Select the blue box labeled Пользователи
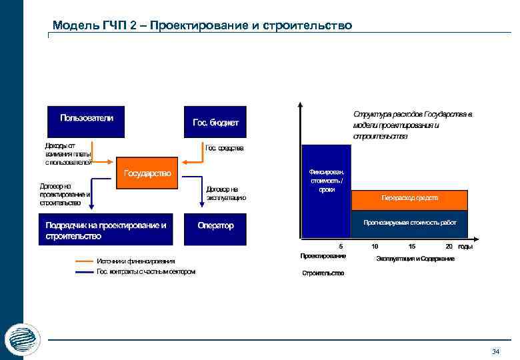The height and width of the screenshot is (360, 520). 87,122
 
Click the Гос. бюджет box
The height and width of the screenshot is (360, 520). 215,122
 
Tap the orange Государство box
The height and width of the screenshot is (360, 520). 148,173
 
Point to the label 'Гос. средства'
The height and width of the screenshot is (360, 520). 225,148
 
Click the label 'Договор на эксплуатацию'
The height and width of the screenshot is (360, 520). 226,193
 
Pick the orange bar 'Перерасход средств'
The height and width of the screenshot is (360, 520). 410,199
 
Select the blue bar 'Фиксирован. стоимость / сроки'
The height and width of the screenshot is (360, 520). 327,192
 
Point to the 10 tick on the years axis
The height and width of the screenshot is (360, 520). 375,246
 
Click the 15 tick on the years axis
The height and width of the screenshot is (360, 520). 412,246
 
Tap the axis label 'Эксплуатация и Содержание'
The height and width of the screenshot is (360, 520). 415,258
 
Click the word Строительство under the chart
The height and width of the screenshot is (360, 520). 323,273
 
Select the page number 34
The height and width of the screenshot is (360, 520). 495,351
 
